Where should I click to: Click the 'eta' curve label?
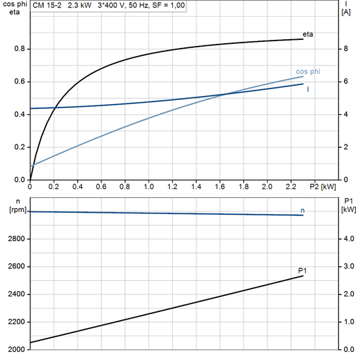click(x=308, y=33)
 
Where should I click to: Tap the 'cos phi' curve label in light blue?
click(x=307, y=72)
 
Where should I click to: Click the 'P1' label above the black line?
click(x=303, y=270)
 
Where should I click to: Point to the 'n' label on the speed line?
click(x=303, y=211)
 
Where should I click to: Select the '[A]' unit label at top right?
click(x=346, y=12)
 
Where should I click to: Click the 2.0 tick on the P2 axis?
click(x=267, y=186)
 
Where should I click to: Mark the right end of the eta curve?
click(x=303, y=39)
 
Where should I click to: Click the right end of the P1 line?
click(x=303, y=276)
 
